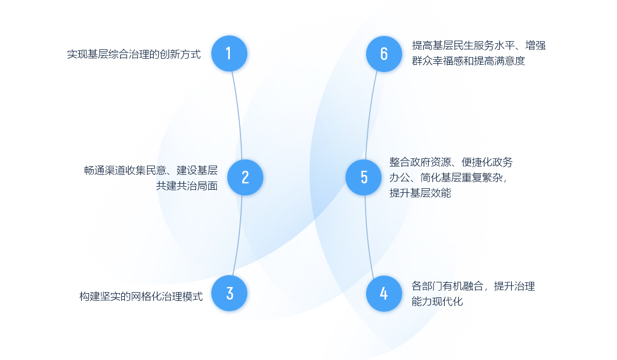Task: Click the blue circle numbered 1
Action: point(229,53)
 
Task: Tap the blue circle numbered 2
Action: point(245,177)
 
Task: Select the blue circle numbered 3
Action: point(229,293)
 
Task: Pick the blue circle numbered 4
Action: point(384,293)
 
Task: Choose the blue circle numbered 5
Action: point(364,177)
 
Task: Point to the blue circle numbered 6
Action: point(384,53)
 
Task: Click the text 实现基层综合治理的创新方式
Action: point(134,54)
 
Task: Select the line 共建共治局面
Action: point(187,186)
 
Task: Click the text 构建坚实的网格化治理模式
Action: point(141,297)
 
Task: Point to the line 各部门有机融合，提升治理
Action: point(473,286)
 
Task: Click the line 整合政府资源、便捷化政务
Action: point(451,163)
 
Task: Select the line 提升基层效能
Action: point(420,193)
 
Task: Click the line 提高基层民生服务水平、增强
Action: point(479,45)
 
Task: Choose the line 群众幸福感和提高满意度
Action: point(468,61)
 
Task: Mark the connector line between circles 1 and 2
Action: point(239,113)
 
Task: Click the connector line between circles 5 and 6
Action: point(370,113)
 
